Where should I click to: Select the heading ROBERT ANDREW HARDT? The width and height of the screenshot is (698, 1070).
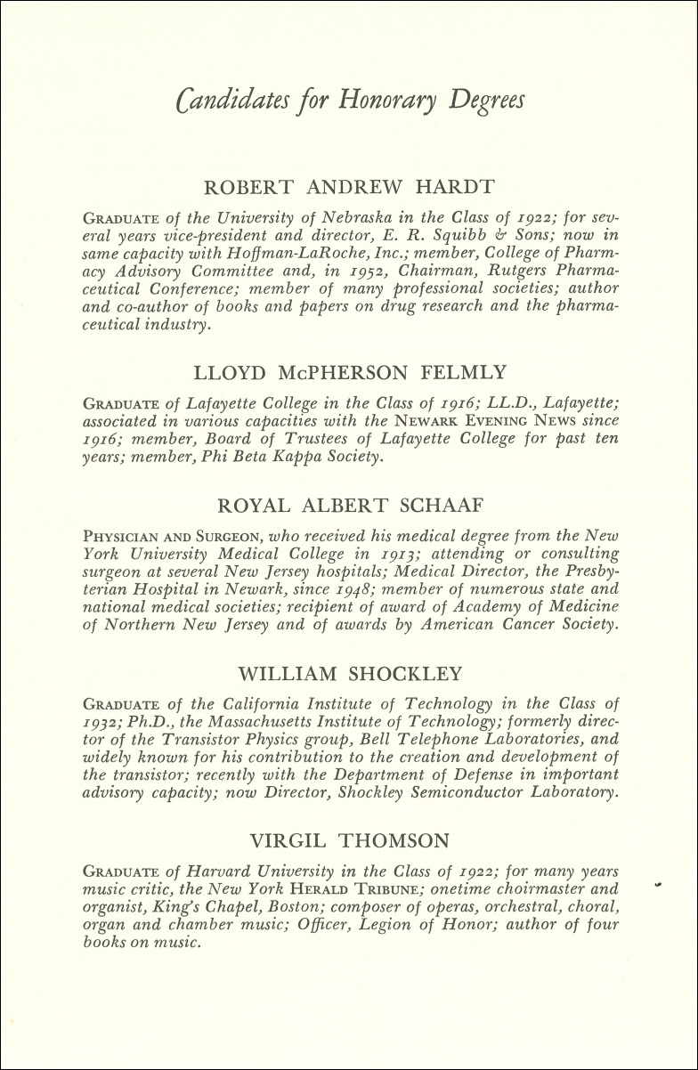(x=349, y=187)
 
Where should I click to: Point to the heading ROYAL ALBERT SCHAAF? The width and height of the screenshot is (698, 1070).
(x=350, y=506)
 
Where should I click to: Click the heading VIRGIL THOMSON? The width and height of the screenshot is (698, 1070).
(x=350, y=839)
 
